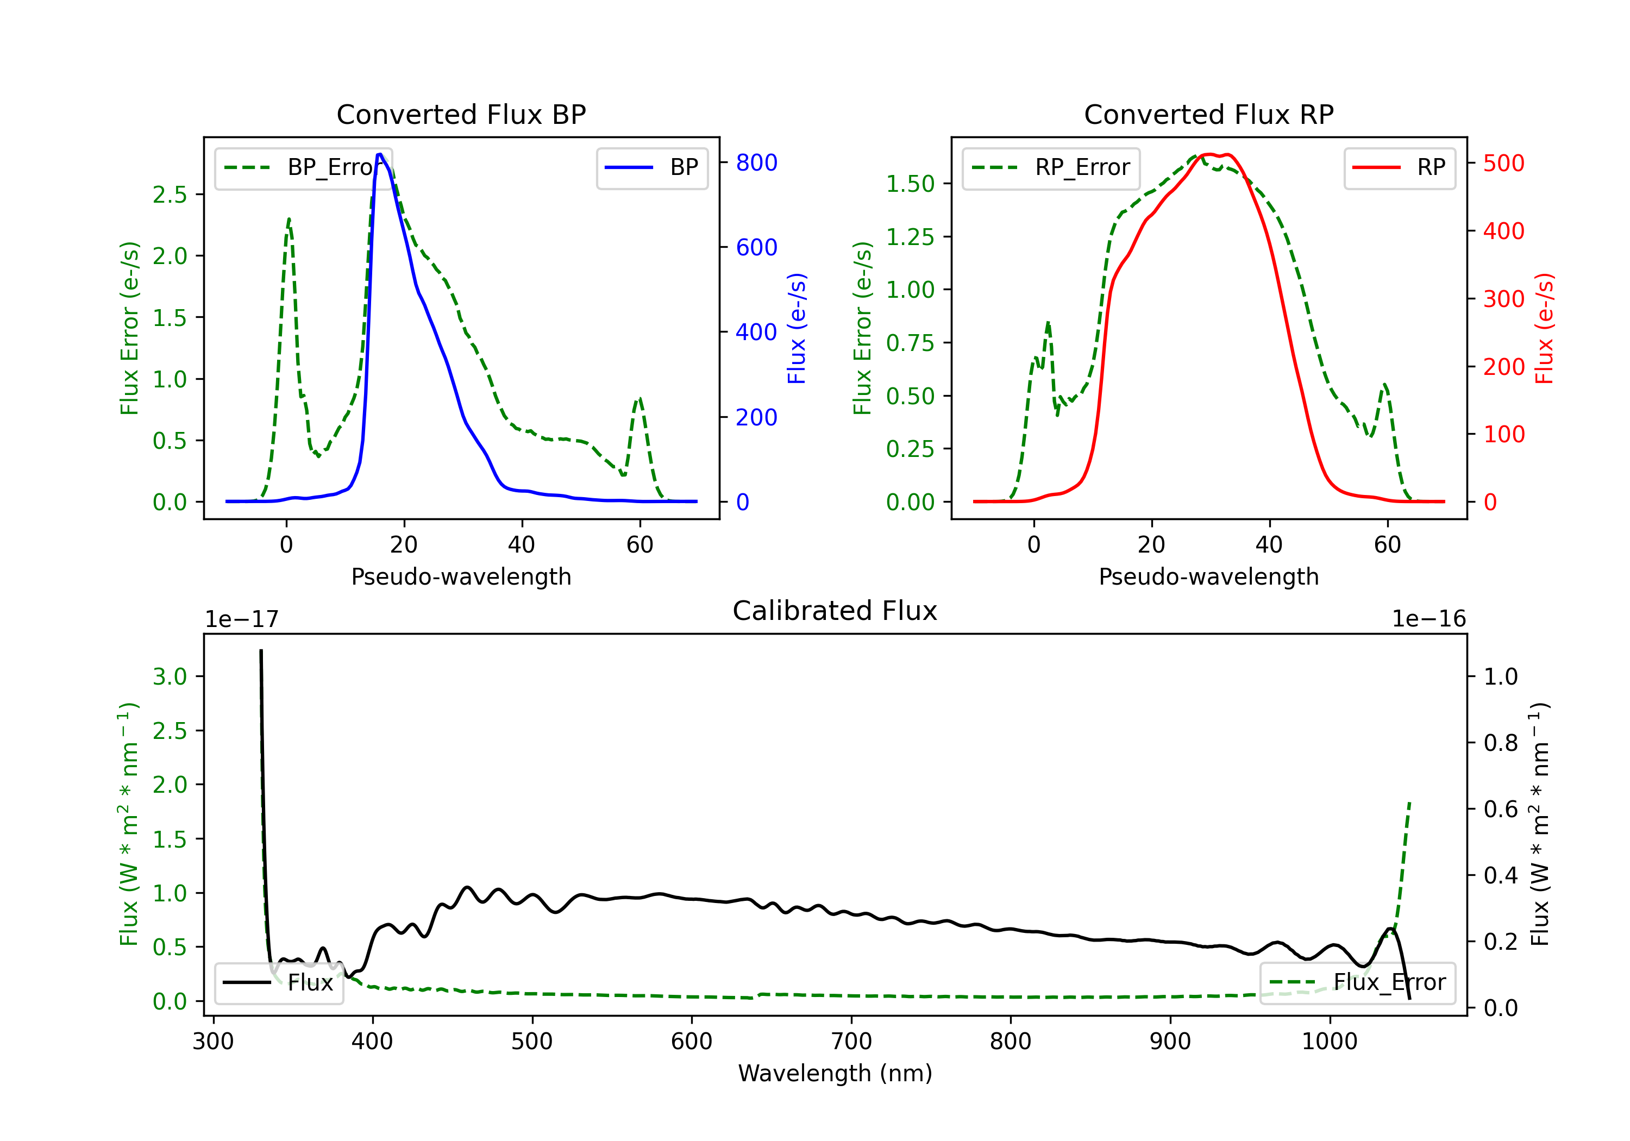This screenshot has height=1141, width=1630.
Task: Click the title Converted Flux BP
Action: click(461, 114)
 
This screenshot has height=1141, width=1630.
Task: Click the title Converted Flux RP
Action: click(1208, 114)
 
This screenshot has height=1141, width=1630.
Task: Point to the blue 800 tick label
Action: click(756, 162)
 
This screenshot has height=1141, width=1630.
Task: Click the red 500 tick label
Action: click(1503, 164)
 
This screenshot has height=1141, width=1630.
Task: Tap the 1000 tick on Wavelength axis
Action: click(1329, 1042)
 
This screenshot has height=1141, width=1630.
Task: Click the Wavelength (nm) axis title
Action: click(835, 1073)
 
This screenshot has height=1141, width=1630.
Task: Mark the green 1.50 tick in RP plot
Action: click(910, 184)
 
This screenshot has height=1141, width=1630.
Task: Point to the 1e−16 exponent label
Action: click(1428, 619)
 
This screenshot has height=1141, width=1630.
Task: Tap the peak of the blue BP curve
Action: click(380, 154)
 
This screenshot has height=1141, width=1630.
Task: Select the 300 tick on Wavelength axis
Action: click(213, 1042)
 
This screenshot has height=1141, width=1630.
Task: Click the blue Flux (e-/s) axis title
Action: click(797, 329)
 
